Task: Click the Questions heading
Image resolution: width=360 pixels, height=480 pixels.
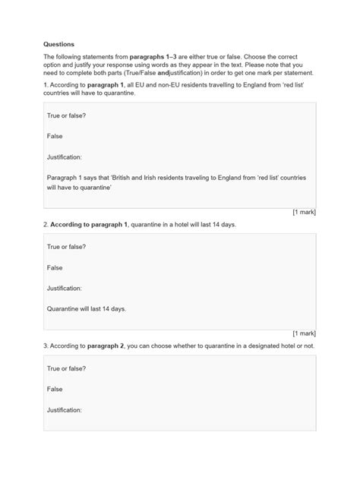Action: click(59, 44)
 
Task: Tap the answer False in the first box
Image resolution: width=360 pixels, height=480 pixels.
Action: click(55, 137)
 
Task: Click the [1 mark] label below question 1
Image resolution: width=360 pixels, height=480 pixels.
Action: click(304, 213)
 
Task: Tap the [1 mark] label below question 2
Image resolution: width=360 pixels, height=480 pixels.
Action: click(304, 333)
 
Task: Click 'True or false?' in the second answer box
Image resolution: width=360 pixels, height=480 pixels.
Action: click(67, 248)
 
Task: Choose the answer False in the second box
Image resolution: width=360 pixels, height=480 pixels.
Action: click(55, 268)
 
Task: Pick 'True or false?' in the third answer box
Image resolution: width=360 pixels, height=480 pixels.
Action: click(67, 368)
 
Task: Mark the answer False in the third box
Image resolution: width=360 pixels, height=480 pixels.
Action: click(55, 388)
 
